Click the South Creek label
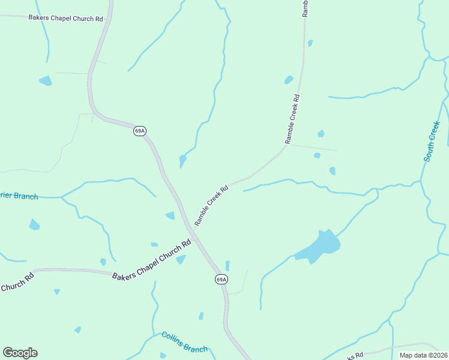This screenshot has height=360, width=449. coord(432,142)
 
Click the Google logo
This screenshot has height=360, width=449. coord(20,352)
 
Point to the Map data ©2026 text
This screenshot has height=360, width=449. coord(423,355)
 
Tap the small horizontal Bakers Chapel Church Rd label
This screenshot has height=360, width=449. coord(65,19)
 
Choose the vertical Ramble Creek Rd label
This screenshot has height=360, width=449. coord(292,119)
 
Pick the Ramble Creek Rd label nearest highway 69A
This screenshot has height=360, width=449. coord(211,205)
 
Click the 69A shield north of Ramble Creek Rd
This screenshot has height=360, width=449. coord(139,131)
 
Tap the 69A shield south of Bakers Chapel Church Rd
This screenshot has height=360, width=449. coord(221,280)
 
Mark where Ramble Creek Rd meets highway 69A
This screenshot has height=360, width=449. coord(191,229)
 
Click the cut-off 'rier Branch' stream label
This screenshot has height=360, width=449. coord(19,196)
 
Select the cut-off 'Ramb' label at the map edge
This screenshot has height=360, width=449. coord(305,8)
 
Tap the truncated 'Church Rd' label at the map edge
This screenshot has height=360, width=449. coord(16,283)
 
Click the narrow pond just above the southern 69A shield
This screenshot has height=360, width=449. coord(228,266)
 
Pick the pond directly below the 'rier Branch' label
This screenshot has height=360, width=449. coord(34,224)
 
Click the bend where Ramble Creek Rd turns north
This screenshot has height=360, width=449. coord(286,146)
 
